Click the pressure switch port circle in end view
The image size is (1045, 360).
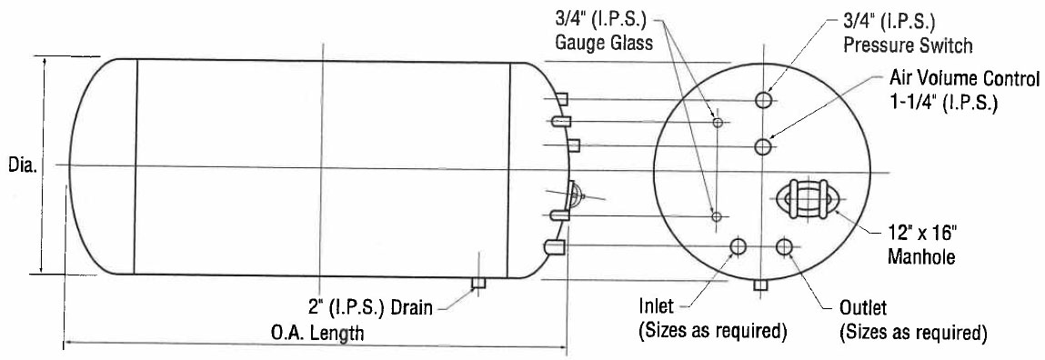click(764, 99)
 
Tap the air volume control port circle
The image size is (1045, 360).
click(764, 146)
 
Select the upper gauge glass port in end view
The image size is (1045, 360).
click(717, 122)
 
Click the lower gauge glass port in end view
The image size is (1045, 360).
click(717, 215)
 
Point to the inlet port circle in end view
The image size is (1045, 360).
click(738, 247)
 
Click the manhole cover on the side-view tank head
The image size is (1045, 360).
click(577, 195)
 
